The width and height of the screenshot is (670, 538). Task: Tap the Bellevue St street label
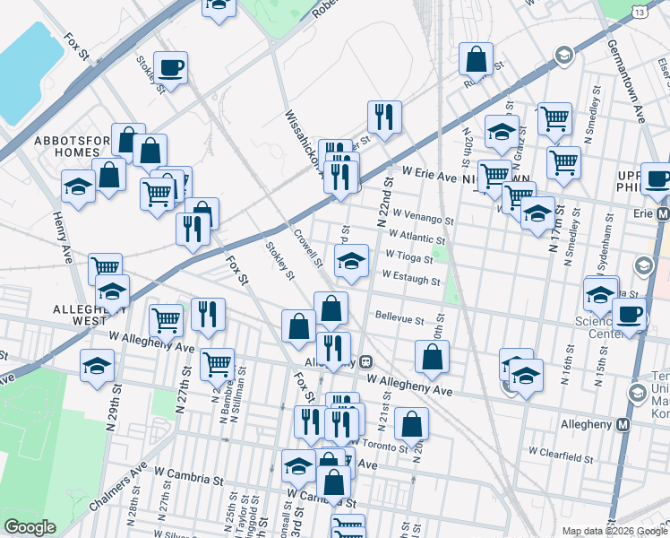click(x=399, y=318)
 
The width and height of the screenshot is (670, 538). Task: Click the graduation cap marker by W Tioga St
click(x=351, y=262)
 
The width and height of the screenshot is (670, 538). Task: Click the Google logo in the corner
click(x=29, y=527)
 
